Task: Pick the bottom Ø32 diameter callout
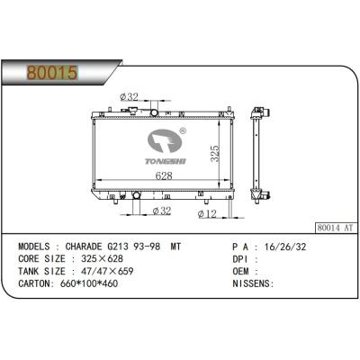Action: (162, 211)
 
